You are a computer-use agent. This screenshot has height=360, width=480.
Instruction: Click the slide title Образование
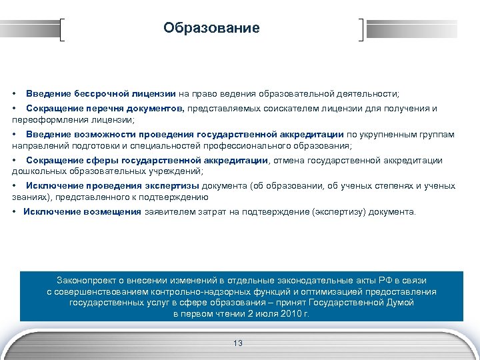click(x=211, y=29)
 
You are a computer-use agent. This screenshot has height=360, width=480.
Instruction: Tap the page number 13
click(x=238, y=343)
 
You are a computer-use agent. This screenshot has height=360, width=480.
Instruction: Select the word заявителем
click(x=165, y=212)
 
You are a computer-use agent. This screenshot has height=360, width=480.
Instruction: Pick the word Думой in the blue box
click(x=400, y=302)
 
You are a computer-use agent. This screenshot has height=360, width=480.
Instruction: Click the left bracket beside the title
click(x=63, y=30)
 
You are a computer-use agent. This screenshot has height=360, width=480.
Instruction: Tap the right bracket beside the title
click(x=361, y=30)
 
